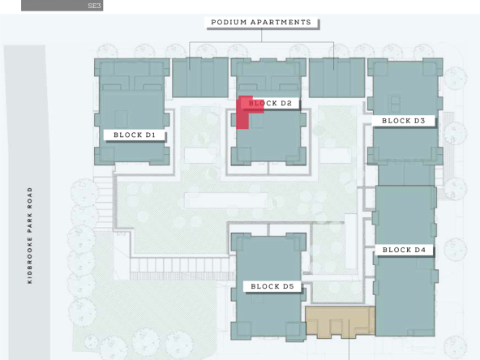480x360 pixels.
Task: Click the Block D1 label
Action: tap(135, 135)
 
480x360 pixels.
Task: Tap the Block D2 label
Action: tap(270, 103)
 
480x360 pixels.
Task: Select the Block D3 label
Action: tap(404, 121)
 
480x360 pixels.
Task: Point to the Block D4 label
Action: tap(404, 250)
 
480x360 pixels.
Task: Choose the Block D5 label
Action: tap(272, 286)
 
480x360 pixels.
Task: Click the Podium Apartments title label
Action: tap(261, 23)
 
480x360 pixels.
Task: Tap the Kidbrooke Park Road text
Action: tap(30, 236)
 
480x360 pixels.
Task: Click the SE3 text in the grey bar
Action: tap(94, 6)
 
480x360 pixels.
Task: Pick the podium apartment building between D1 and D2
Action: tap(200, 78)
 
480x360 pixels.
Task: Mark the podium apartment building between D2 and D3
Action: tap(336, 78)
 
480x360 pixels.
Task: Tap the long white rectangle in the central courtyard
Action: tap(226, 200)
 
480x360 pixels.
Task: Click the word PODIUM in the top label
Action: tap(229, 23)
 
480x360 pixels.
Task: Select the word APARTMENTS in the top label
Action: tap(281, 23)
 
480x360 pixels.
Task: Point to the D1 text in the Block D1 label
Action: tap(150, 135)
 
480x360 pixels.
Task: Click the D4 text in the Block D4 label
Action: tap(420, 250)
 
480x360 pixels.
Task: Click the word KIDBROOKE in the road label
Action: tap(30, 260)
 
